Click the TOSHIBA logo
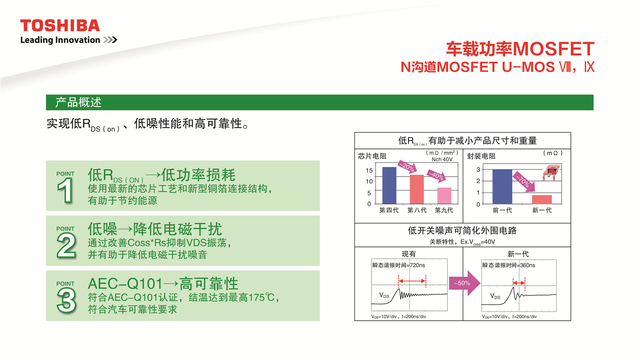60,26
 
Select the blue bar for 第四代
389,185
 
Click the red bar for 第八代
417,189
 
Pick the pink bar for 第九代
444,196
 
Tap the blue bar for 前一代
502,187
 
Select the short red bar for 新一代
542,199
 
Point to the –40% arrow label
436,175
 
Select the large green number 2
66,245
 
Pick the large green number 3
66,300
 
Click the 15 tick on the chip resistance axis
369,170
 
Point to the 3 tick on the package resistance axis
478,169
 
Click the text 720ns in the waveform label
417,265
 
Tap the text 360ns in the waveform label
528,265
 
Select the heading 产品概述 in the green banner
78,102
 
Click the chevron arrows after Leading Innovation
110,40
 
